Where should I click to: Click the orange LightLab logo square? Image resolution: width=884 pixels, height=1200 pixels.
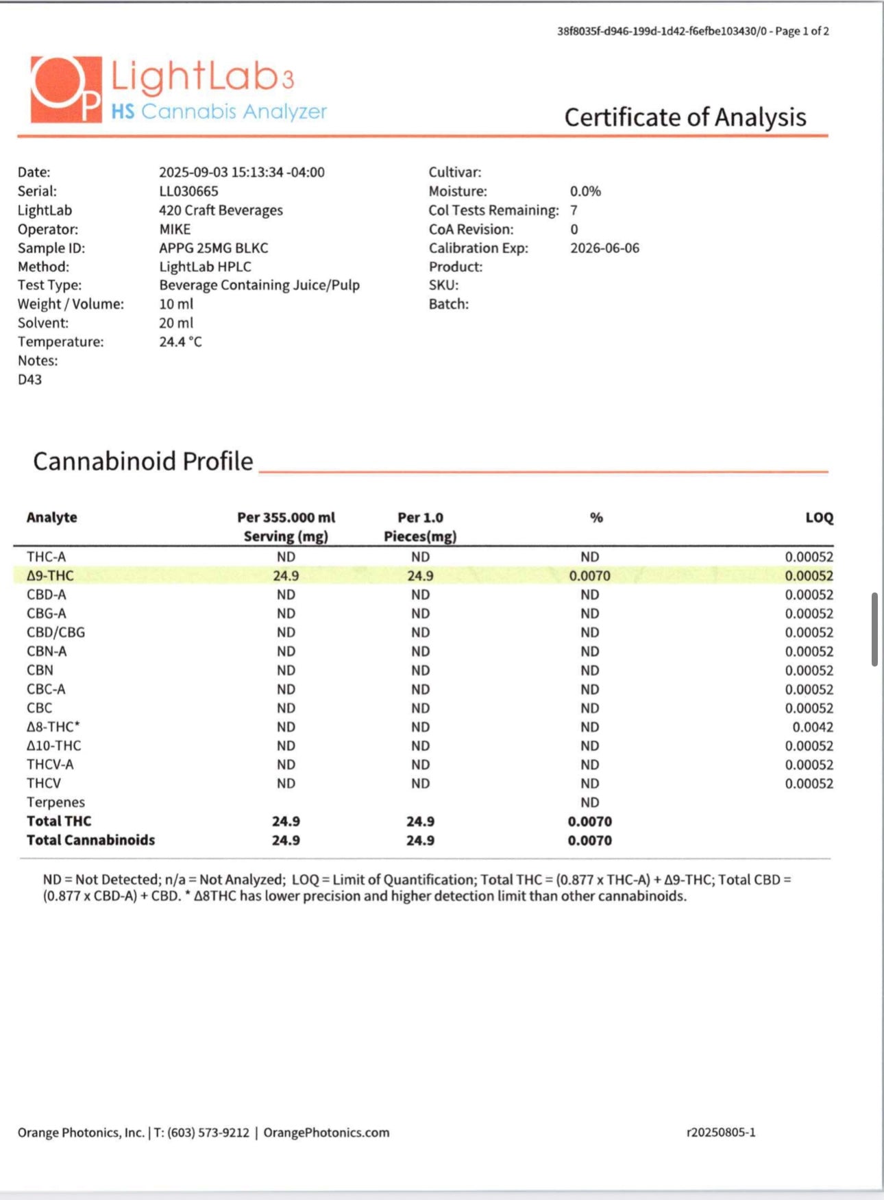click(66, 89)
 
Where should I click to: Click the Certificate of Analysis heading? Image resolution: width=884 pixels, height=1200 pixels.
click(685, 117)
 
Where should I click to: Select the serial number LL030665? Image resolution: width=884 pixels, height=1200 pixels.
click(188, 191)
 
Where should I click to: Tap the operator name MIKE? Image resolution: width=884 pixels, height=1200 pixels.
click(175, 229)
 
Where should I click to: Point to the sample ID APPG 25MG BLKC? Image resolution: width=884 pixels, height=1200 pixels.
click(213, 248)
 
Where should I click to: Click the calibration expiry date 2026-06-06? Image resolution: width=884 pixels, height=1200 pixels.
click(604, 248)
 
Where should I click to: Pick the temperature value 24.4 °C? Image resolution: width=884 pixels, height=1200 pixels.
click(180, 341)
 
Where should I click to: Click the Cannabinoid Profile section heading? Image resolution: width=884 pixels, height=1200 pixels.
click(143, 461)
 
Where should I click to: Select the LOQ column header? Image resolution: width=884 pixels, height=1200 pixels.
click(819, 518)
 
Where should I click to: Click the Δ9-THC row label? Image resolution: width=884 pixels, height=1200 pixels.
click(50, 576)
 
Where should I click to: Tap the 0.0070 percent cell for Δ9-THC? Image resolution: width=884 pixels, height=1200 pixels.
click(589, 576)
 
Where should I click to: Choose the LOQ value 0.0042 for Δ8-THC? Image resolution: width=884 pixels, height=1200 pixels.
click(813, 727)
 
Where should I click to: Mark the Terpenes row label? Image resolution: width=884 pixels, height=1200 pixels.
click(56, 802)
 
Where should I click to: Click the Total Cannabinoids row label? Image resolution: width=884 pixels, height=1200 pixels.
click(90, 840)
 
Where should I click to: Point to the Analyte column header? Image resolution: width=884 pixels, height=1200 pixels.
click(51, 518)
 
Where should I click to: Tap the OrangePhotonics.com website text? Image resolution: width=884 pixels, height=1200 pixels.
click(326, 1133)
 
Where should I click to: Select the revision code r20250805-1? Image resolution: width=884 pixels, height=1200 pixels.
click(721, 1133)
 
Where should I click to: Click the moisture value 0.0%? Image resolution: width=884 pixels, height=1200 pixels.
click(585, 191)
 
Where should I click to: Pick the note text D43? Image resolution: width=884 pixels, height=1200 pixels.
click(29, 379)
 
